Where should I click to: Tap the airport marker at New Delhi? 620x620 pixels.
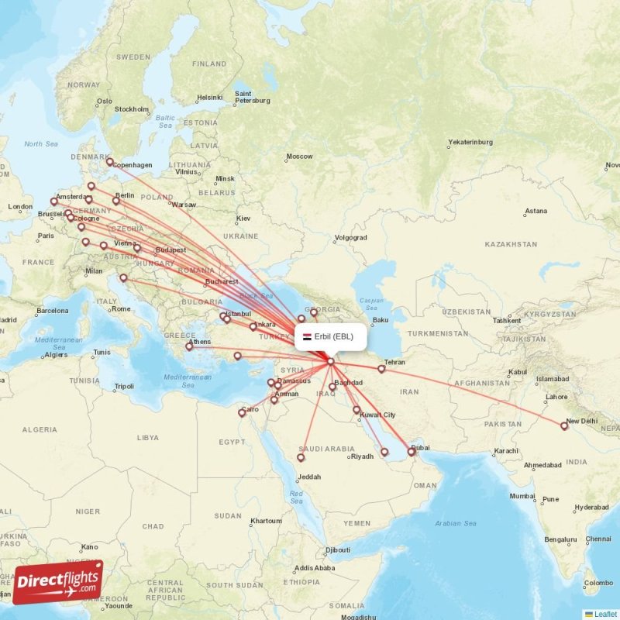[x=564, y=425]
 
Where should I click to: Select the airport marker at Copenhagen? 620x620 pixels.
[x=110, y=163]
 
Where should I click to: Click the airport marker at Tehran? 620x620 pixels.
[x=381, y=369]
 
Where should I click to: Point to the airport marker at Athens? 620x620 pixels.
[x=189, y=346]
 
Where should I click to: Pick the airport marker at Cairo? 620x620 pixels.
[x=242, y=413]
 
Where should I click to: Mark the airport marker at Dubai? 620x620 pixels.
[x=412, y=451]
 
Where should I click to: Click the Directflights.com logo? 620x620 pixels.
[x=58, y=582]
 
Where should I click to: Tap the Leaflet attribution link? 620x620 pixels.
[x=605, y=614]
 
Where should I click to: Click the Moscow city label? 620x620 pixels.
[x=299, y=157]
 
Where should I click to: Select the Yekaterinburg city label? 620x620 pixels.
[x=470, y=142]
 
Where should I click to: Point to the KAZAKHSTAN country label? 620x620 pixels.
[x=511, y=244]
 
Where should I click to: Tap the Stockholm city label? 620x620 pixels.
[x=131, y=109]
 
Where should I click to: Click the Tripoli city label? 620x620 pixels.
[x=124, y=386]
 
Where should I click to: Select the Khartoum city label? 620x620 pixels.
[x=266, y=521]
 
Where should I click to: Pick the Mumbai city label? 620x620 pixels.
[x=522, y=496]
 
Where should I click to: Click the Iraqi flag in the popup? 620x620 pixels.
[x=307, y=336]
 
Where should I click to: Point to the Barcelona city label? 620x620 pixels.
[x=52, y=311]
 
